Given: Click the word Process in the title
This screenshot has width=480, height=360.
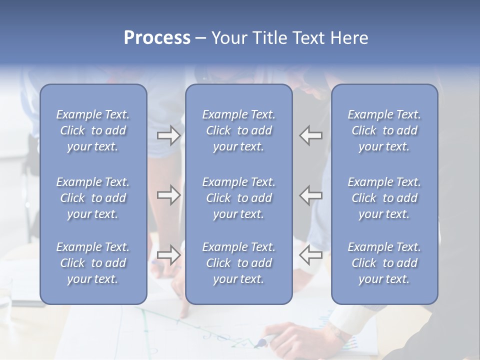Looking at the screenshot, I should click(x=157, y=38).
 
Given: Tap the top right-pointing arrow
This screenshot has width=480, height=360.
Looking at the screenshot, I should click(x=168, y=135).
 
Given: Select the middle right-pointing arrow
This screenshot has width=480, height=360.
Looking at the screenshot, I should click(x=168, y=195).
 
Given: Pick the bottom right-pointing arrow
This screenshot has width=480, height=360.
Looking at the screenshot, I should click(x=168, y=255).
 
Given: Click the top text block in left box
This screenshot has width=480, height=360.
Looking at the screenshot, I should click(x=93, y=130).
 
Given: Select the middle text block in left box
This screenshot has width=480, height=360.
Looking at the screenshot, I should click(x=93, y=198).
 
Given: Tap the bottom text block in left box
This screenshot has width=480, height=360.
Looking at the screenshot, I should click(x=93, y=263).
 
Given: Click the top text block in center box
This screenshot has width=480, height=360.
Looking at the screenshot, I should click(x=238, y=130).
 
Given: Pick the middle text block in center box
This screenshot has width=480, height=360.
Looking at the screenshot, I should click(x=238, y=198).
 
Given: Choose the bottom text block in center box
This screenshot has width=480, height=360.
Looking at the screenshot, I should click(x=238, y=263).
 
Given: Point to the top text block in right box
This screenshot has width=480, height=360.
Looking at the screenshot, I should click(x=384, y=130).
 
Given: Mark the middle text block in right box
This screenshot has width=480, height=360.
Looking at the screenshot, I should click(x=384, y=198).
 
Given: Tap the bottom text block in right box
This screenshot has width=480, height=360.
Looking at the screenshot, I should click(x=384, y=263).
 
